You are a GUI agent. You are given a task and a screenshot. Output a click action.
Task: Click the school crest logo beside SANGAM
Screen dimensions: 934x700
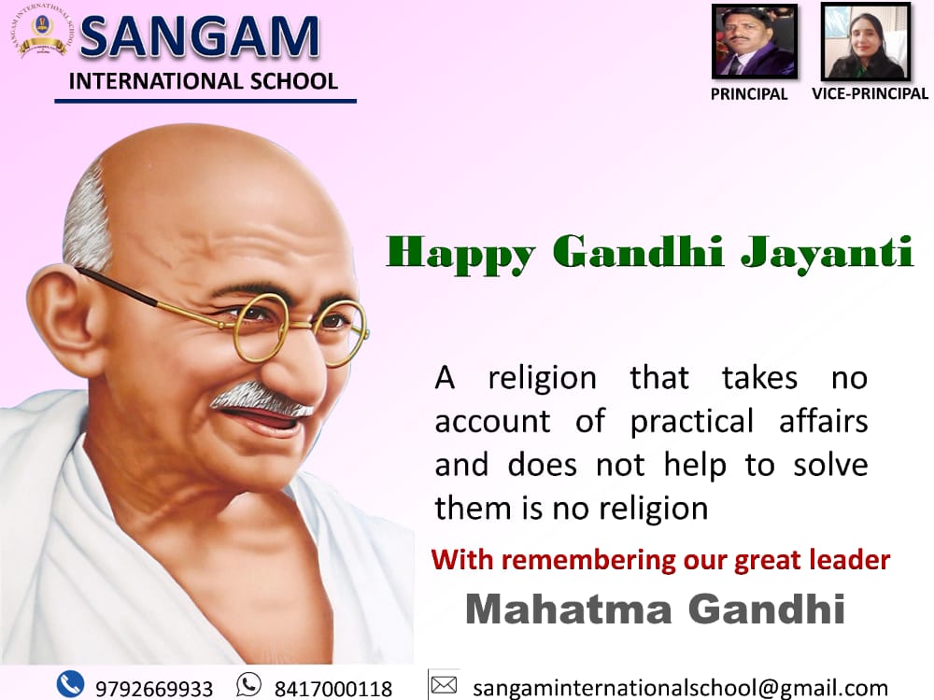click(x=42, y=31)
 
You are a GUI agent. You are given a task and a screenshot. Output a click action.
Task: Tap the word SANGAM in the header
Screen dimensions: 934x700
click(x=200, y=37)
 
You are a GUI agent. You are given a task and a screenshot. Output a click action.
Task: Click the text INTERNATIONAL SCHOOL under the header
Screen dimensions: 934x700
click(x=204, y=81)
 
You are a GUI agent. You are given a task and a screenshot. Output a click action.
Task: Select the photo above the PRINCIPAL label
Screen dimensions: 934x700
click(x=755, y=41)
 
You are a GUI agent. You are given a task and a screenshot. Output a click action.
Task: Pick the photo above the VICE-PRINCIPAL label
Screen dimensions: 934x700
click(x=866, y=41)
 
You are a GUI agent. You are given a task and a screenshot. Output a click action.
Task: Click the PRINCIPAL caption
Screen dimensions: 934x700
click(x=749, y=94)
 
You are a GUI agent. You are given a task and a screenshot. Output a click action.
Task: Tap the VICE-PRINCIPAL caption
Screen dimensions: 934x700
click(x=870, y=93)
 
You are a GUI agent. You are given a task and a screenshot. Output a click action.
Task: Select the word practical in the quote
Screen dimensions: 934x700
click(x=691, y=423)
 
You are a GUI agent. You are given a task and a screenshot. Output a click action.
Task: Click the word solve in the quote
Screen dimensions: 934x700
click(x=830, y=464)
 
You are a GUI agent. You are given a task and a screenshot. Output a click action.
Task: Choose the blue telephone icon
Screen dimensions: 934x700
click(x=70, y=683)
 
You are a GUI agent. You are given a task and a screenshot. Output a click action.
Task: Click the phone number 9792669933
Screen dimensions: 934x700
click(x=154, y=689)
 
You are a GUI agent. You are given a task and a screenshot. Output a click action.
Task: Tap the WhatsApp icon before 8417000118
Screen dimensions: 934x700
click(x=248, y=684)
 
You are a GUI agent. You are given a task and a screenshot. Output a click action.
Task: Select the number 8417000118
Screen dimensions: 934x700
click(x=333, y=689)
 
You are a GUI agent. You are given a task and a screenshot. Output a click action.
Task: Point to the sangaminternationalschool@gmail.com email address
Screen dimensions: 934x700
click(x=680, y=688)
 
